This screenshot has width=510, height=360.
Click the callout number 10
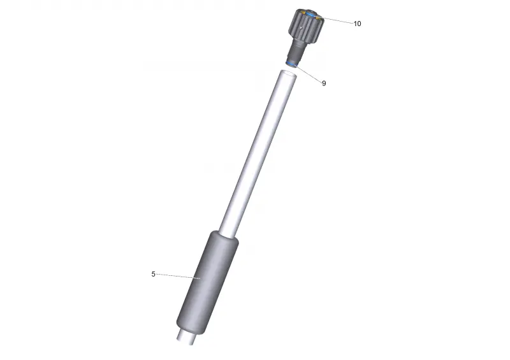[357, 24]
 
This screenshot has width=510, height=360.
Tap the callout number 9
[324, 83]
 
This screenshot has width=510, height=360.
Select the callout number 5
[153, 274]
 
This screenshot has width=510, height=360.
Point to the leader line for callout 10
[337, 20]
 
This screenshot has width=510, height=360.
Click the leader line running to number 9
[309, 73]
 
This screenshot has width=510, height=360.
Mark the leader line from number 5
[178, 276]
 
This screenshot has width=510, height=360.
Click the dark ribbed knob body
[306, 26]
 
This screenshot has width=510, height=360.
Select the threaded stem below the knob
[297, 50]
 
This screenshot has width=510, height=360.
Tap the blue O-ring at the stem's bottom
[292, 64]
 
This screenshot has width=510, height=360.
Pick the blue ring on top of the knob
[310, 15]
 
